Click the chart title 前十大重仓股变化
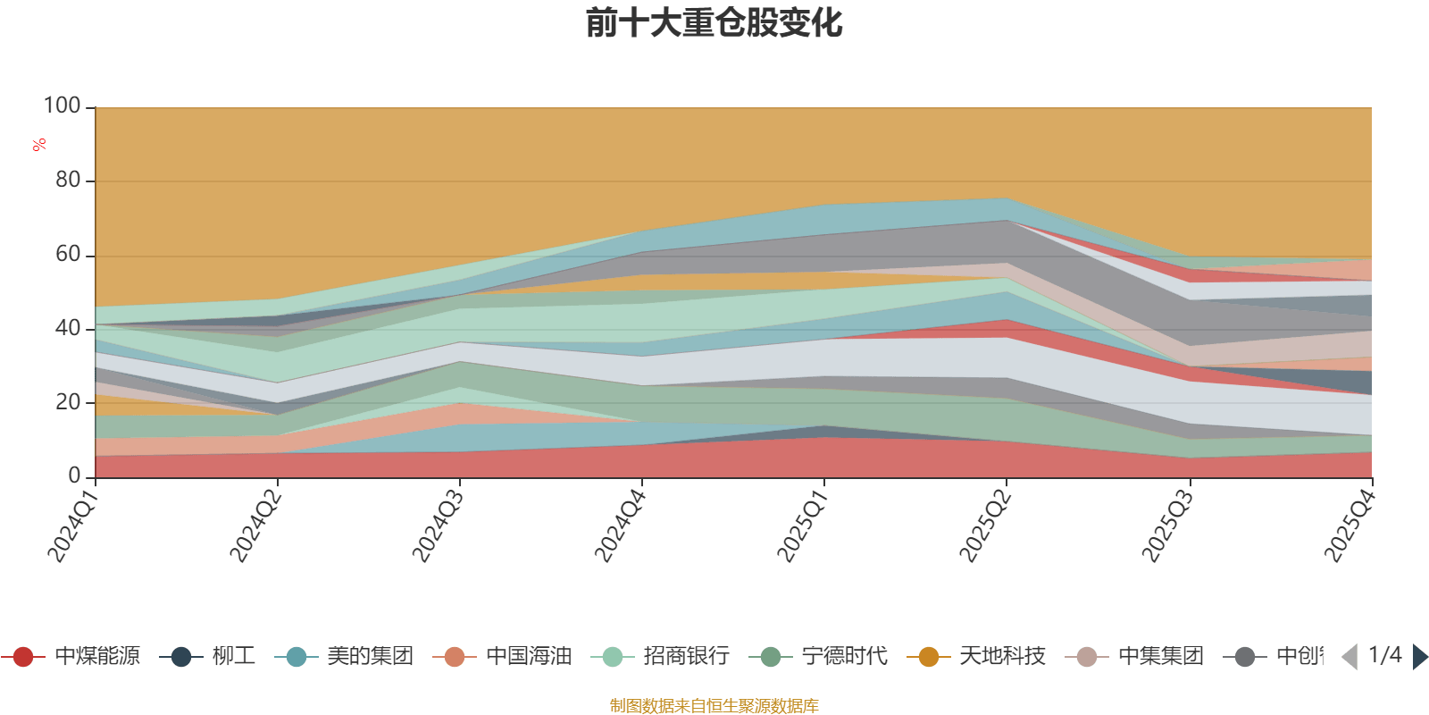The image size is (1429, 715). click(x=714, y=23)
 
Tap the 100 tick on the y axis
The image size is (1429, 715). click(x=63, y=106)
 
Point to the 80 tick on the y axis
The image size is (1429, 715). click(x=68, y=181)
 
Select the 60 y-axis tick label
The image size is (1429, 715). click(x=68, y=255)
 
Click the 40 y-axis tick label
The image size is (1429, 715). click(x=68, y=328)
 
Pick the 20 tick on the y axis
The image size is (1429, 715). click(x=68, y=402)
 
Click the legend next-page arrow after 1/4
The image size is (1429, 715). click(x=1419, y=657)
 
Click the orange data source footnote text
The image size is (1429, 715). click(x=714, y=706)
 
